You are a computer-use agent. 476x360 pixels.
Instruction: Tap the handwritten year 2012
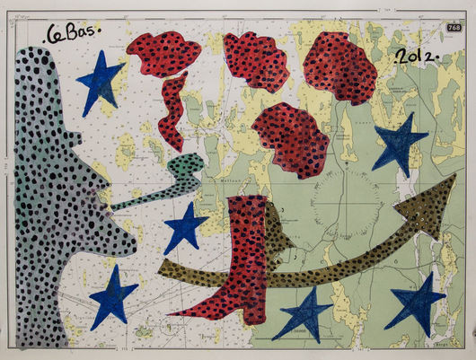tap(415, 57)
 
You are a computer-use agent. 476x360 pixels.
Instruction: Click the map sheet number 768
tap(454, 31)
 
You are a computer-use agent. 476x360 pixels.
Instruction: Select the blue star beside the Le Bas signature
tap(101, 82)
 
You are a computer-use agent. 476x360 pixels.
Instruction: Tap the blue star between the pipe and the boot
tap(186, 227)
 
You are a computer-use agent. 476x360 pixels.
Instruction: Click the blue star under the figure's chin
tap(114, 294)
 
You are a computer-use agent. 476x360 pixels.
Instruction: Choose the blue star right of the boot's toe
tap(304, 314)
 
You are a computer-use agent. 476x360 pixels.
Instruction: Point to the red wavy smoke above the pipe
tap(172, 112)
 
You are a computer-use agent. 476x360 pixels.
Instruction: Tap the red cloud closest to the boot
tap(289, 139)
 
